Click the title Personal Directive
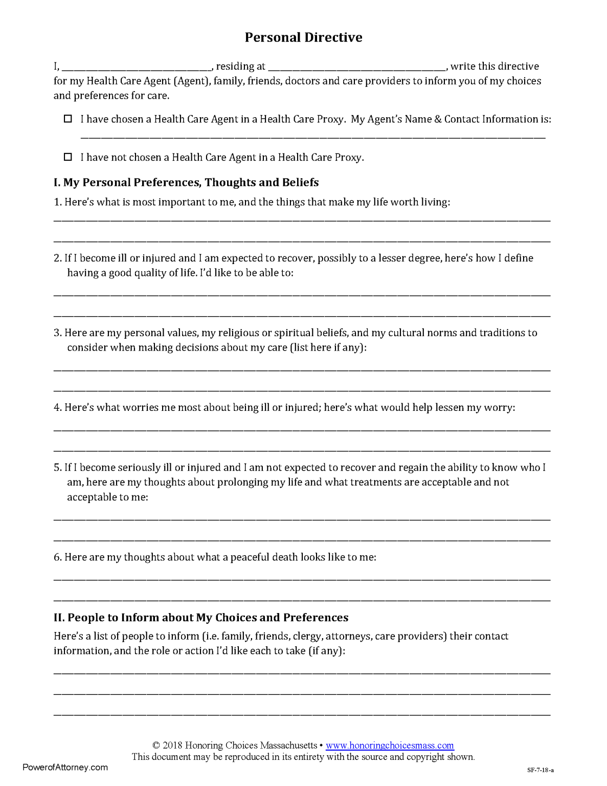pyautogui.click(x=303, y=37)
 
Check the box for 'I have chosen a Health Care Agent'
pyautogui.click(x=68, y=119)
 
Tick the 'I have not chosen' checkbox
pyautogui.click(x=68, y=157)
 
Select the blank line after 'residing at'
pyautogui.click(x=357, y=67)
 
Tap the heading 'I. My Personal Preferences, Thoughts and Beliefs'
pyautogui.click(x=186, y=183)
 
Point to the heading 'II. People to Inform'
pyautogui.click(x=201, y=618)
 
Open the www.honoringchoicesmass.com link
pyautogui.click(x=390, y=746)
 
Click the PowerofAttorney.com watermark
pyautogui.click(x=65, y=767)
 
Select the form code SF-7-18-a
pyautogui.click(x=541, y=770)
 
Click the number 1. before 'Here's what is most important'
pyautogui.click(x=58, y=202)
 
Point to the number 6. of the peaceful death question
pyautogui.click(x=58, y=557)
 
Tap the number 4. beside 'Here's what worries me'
pyautogui.click(x=58, y=408)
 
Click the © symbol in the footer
pyautogui.click(x=156, y=746)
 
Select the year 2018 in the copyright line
pyautogui.click(x=173, y=746)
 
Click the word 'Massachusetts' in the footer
pyautogui.click(x=288, y=746)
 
